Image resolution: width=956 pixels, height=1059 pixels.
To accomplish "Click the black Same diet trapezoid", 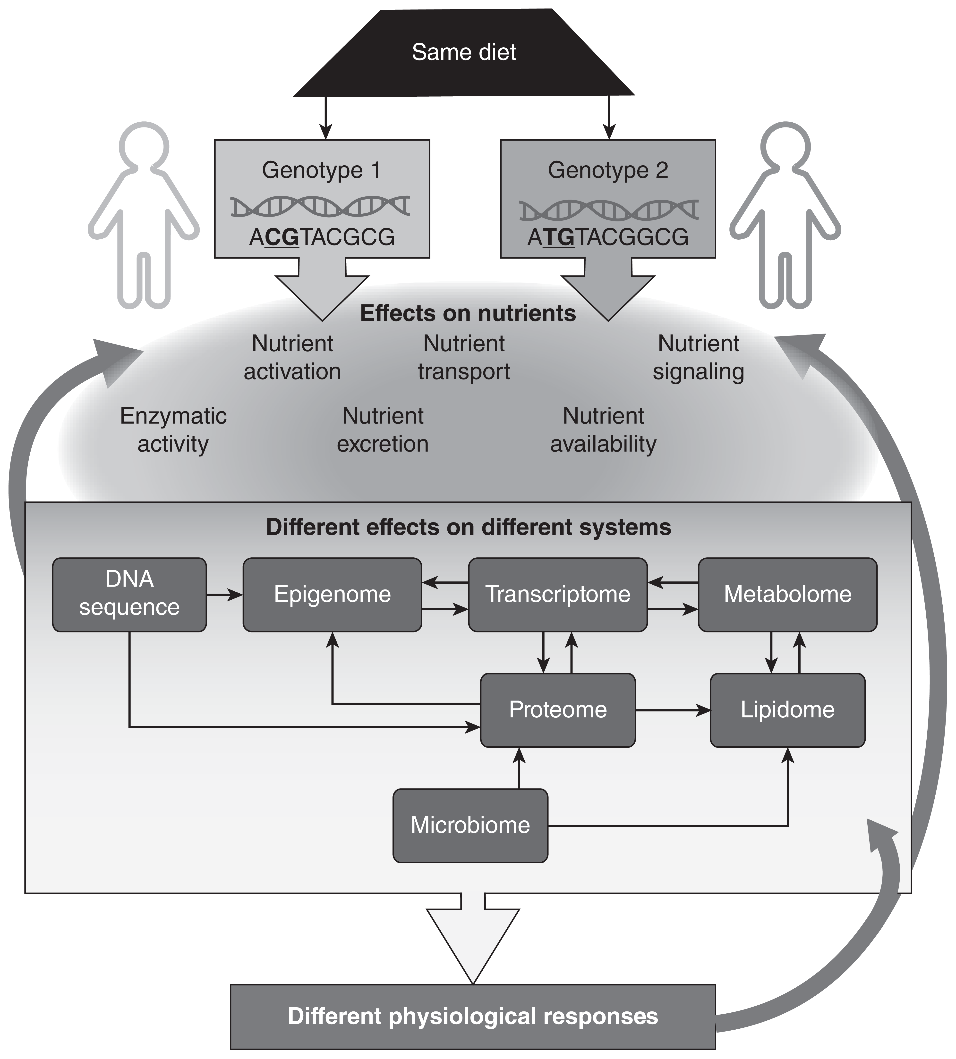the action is (464, 52).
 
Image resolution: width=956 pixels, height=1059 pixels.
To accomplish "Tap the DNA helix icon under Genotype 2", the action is (609, 210).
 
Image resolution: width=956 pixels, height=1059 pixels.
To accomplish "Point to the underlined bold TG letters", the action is (558, 237).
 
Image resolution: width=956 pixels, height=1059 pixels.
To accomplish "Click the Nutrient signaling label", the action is (699, 358).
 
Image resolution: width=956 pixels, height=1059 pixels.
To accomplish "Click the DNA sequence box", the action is (129, 594).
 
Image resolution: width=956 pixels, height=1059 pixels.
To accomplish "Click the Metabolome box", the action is (787, 594).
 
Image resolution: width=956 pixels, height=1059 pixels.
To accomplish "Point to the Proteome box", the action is (558, 710).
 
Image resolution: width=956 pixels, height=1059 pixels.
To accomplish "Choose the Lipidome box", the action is (787, 710).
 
